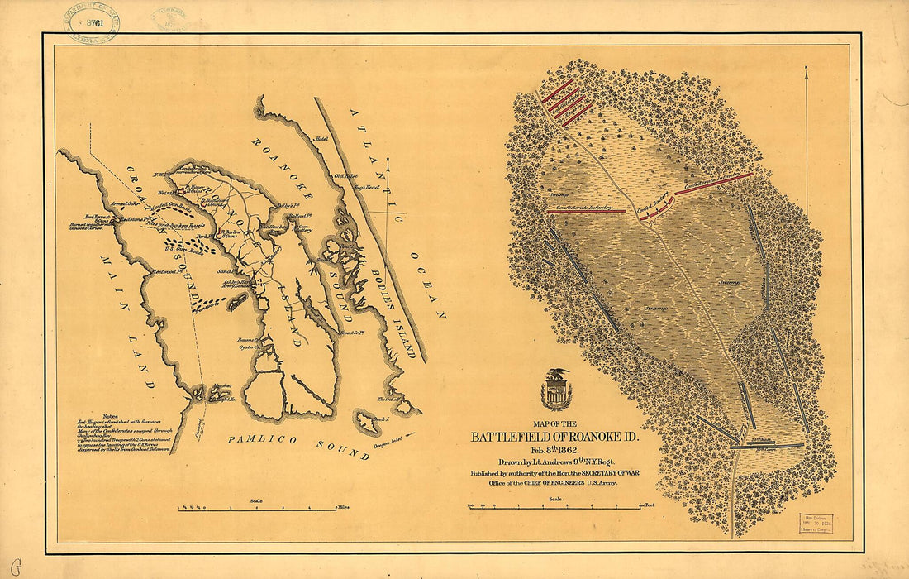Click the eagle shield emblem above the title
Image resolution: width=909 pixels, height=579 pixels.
[556, 390]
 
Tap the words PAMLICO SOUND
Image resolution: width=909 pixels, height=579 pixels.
[298, 445]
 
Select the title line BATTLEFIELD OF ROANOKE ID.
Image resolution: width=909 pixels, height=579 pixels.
[554, 437]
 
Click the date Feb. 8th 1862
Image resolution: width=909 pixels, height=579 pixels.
[554, 450]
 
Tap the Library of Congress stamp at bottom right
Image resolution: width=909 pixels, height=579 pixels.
[815, 524]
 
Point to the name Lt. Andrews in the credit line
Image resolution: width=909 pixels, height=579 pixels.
[524, 462]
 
